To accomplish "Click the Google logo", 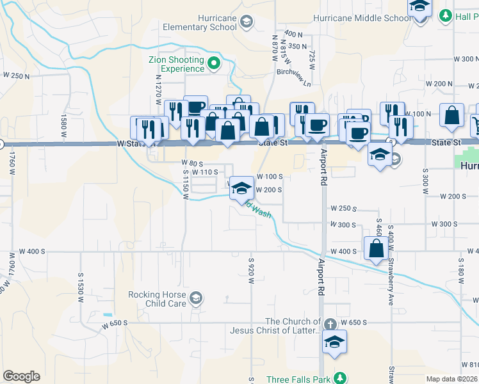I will click(21, 376).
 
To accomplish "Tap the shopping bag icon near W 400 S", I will click(375, 248).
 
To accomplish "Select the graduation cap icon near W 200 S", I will click(241, 188).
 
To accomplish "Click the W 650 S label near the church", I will click(353, 321).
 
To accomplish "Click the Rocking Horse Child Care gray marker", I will click(195, 298).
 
